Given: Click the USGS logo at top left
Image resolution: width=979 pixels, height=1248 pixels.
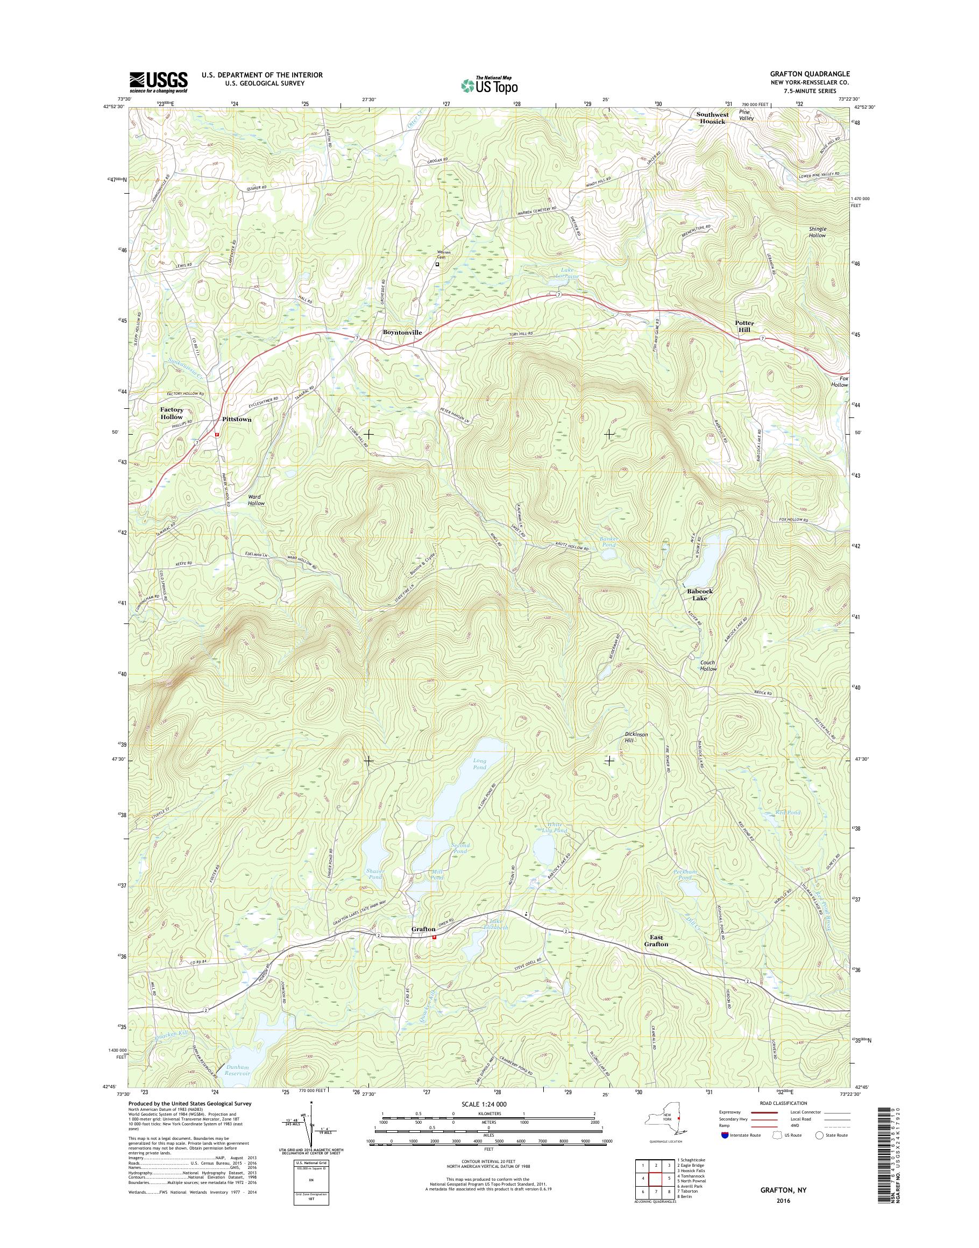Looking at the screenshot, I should coord(159,81).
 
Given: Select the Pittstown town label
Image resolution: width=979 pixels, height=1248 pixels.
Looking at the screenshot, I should coord(237,420).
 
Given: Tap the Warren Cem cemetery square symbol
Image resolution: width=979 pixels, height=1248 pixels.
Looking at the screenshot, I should coord(437,265).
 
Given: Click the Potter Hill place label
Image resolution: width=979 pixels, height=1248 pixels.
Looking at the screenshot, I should coord(744,327).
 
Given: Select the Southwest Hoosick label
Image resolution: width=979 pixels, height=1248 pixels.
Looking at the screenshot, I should coord(713,118).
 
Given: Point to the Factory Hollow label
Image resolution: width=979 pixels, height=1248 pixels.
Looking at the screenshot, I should coord(172,413).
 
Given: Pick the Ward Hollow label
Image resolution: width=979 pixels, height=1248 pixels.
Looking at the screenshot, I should coord(256,500).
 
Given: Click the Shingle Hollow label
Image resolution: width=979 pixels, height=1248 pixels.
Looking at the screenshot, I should coord(818,232).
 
